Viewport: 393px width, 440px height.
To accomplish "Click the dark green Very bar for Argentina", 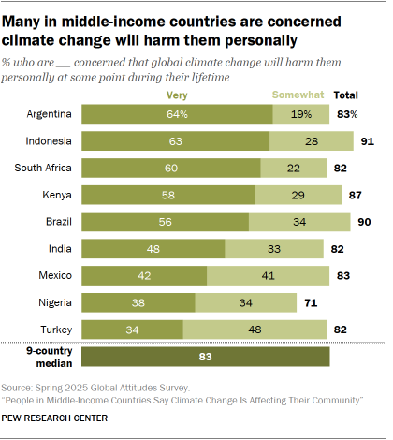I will (x=177, y=113).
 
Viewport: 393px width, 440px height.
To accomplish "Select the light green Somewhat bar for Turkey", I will (x=255, y=330).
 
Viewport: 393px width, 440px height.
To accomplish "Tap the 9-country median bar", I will (x=206, y=357).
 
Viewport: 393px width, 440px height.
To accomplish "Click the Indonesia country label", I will (x=49, y=140).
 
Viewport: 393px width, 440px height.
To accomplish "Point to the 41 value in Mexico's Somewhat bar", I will (x=269, y=275).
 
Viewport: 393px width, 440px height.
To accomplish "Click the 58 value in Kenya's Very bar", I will (x=168, y=195).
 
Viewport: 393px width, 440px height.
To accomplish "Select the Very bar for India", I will (x=153, y=249).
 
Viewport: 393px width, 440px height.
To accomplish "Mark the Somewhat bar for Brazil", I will (x=300, y=222).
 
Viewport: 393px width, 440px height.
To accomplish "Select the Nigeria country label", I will (x=54, y=302).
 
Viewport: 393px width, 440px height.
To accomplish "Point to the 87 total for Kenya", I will (x=354, y=195).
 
